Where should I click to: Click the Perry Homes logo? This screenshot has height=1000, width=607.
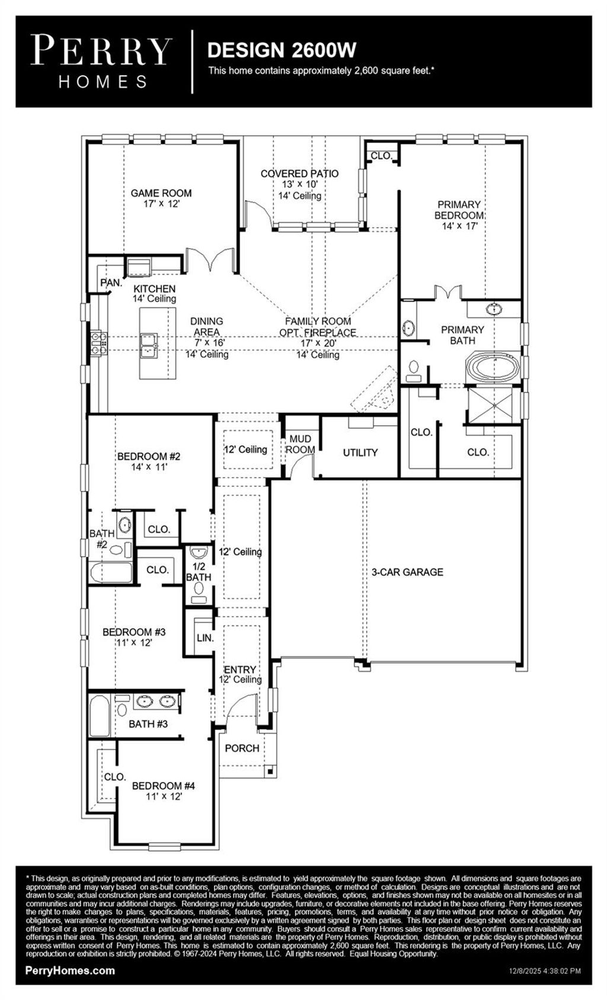[x=101, y=62]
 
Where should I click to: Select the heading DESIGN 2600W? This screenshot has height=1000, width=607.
[x=282, y=50]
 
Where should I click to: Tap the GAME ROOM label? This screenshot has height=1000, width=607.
[x=161, y=193]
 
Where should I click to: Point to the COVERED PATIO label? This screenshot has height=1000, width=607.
[x=299, y=174]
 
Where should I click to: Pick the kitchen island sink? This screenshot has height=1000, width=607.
[x=148, y=344]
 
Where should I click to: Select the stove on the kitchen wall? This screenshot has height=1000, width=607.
[x=98, y=344]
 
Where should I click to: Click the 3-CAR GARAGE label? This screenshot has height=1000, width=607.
[x=407, y=572]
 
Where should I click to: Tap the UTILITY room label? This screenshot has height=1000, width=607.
[x=360, y=453]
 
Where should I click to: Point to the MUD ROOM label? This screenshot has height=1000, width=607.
[x=300, y=444]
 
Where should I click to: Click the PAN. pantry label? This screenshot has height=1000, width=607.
[x=111, y=283]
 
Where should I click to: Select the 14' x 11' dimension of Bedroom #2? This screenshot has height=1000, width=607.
[x=149, y=467]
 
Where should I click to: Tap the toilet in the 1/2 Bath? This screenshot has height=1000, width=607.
[x=199, y=590]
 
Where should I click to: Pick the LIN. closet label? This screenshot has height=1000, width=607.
[x=205, y=638]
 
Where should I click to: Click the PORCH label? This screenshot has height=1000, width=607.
[x=242, y=749]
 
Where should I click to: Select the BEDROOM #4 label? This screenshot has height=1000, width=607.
[x=164, y=786]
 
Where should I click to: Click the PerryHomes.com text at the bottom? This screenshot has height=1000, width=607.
[x=70, y=971]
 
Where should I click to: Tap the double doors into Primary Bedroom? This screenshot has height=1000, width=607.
[x=448, y=293]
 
